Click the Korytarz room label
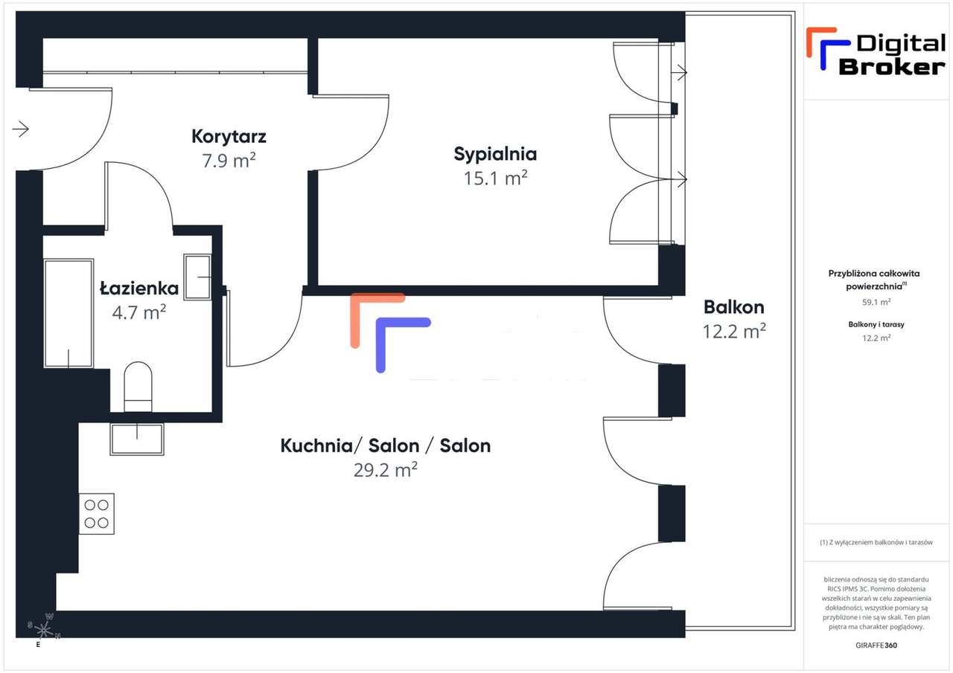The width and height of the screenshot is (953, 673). tap(229, 136)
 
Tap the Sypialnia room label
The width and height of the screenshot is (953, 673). tap(495, 155)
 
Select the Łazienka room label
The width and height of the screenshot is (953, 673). tap(139, 288)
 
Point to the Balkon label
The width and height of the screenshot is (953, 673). tap(734, 307)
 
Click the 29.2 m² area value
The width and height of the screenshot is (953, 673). tap(386, 469)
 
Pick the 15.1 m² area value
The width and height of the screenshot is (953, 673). tap(496, 178)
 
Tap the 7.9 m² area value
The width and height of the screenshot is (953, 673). tap(229, 160)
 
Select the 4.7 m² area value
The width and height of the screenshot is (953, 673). tap(139, 312)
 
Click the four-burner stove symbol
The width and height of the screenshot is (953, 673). tap(97, 514)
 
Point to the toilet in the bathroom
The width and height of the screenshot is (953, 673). tap(138, 387)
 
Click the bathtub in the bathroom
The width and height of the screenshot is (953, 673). tap(68, 313)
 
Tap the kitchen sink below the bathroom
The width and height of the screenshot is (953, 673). tap(137, 439)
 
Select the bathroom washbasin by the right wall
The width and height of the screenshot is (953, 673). tap(198, 277)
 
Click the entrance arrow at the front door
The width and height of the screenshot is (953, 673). tap(20, 129)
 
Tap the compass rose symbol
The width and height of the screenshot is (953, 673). tap(44, 628)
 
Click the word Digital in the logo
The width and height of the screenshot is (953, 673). tap(901, 44)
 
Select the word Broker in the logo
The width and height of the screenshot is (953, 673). tap(892, 67)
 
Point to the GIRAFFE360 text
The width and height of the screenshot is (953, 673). tap(876, 645)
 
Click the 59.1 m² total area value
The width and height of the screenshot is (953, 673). tap(876, 302)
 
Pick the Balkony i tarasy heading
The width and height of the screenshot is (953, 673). tap(876, 324)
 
